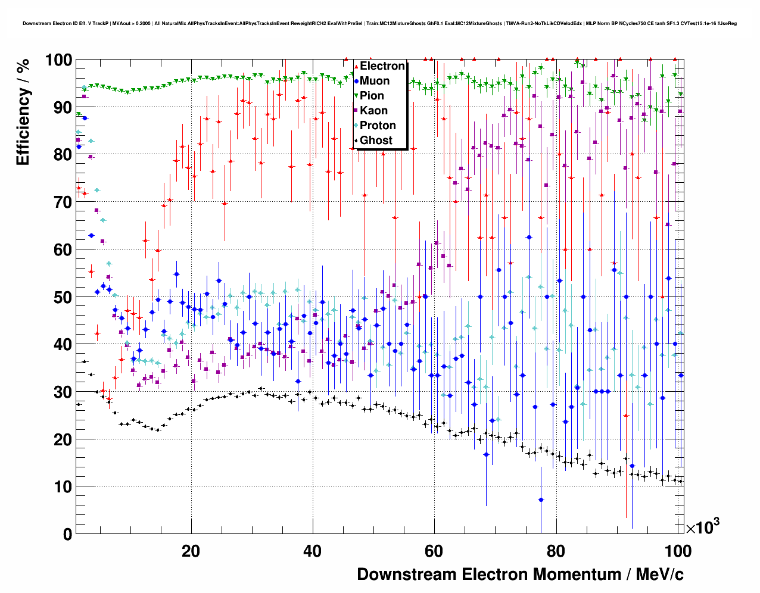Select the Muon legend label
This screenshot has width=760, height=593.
[x=375, y=81]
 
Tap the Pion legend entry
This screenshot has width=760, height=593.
[x=372, y=96]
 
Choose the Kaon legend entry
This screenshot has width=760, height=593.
[x=373, y=111]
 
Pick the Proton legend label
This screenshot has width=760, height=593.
[x=378, y=126]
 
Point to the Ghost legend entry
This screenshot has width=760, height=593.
[x=376, y=141]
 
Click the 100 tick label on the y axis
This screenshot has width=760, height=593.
[x=58, y=60]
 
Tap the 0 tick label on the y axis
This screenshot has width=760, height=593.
[x=67, y=534]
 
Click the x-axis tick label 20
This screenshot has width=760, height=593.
[x=191, y=551]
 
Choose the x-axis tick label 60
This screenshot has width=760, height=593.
[x=434, y=551]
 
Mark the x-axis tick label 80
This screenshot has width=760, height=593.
[x=555, y=551]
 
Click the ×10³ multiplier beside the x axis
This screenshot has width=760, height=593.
[x=703, y=526]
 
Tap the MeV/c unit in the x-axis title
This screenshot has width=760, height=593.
[x=659, y=575]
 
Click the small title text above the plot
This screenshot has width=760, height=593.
[x=379, y=24]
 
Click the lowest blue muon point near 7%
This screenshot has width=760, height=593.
[x=541, y=500]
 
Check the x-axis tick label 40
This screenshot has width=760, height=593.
[x=312, y=551]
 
